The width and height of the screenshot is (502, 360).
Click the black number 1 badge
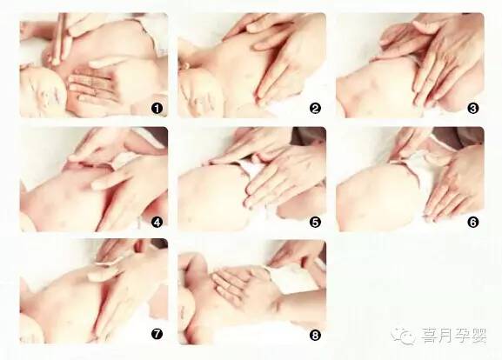157,109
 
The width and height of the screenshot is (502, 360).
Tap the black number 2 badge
315,109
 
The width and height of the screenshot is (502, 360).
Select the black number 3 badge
473,109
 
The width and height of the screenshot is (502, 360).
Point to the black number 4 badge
157,222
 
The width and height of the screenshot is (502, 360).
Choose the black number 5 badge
315,222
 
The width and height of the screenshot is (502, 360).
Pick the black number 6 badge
473,222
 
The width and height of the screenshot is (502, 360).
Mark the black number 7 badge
157,335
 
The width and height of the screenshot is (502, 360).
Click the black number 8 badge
315,336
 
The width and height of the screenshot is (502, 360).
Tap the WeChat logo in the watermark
403,336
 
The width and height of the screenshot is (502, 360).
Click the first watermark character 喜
430,336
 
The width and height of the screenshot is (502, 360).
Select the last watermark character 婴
479,336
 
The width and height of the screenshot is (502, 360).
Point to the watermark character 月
445,336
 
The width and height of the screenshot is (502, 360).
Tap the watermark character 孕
462,336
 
